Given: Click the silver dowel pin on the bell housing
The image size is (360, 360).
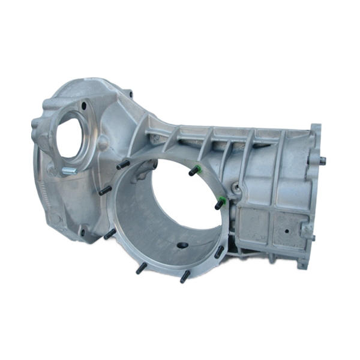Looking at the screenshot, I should [x=70, y=170].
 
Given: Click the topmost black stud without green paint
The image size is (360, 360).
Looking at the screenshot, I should [x=124, y=164].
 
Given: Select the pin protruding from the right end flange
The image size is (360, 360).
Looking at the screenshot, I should [x=323, y=160].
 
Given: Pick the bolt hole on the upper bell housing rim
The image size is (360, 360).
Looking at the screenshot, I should [x=127, y=94].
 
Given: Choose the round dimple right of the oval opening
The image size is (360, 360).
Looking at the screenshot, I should [x=103, y=143].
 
